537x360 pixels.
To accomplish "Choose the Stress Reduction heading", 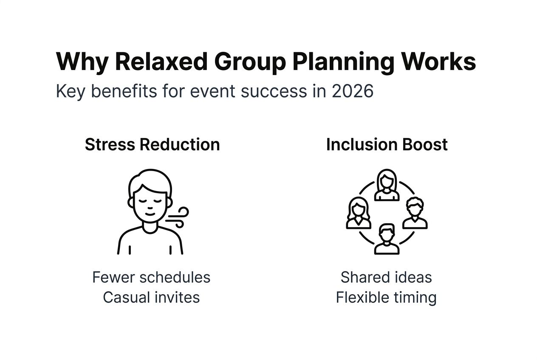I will tap(152, 144).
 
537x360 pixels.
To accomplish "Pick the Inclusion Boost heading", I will tap(387, 144).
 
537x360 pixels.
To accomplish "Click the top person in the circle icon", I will tap(387, 185).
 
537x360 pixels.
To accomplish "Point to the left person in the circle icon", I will tap(359, 213).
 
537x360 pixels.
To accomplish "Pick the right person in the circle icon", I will tap(415, 213).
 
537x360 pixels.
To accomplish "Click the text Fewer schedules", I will tap(151, 277).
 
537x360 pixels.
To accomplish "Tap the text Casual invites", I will tap(151, 297).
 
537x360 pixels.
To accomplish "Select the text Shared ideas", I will tap(386, 277).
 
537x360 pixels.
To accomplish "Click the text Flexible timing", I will tap(386, 297).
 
